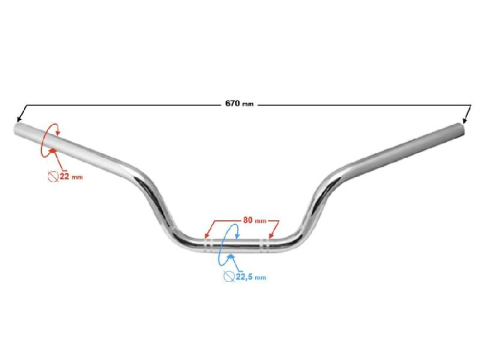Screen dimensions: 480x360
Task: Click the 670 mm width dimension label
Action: [x=239, y=103]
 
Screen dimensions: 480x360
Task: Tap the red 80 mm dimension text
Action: [x=254, y=220]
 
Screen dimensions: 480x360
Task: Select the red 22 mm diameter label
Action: [x=71, y=176]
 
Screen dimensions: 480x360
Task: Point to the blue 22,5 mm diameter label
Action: [x=250, y=277]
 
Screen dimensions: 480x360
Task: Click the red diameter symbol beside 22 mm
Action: [x=53, y=176]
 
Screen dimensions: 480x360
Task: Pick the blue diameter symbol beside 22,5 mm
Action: [x=229, y=276]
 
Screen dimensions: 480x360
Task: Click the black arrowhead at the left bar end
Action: [x=19, y=119]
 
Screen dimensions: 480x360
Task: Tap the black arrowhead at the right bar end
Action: [x=465, y=120]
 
